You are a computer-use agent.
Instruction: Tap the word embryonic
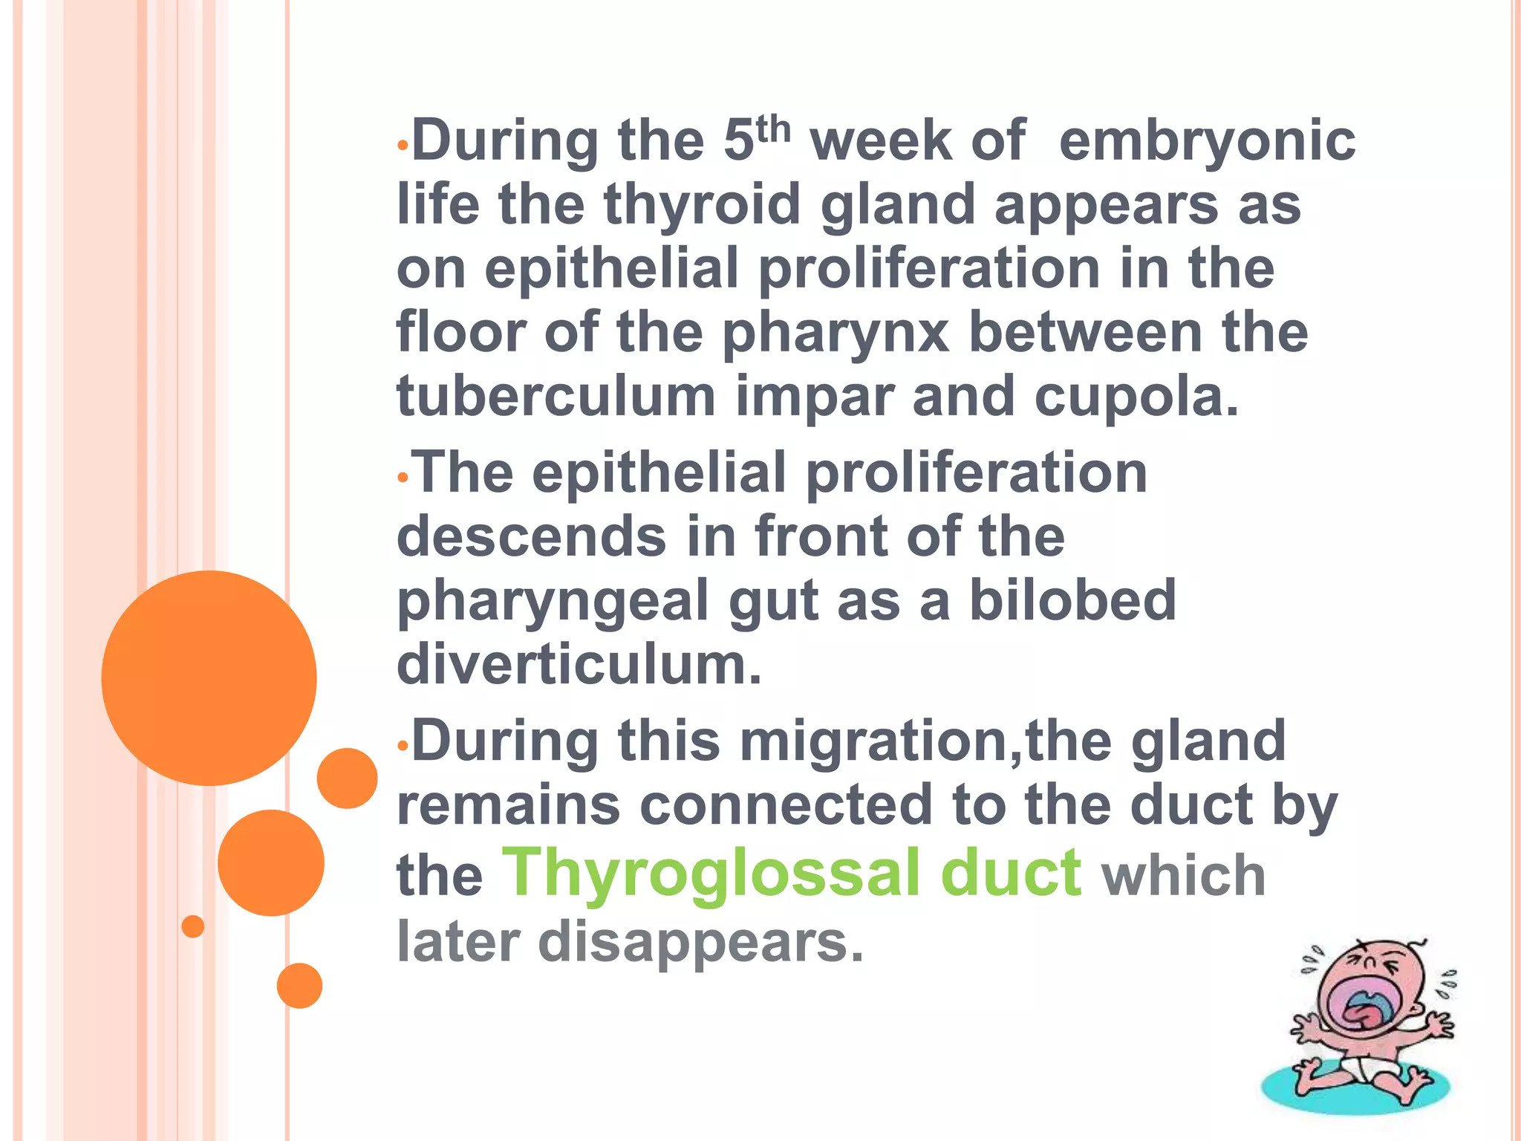coord(1207,141)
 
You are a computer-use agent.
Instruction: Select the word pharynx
coord(836,334)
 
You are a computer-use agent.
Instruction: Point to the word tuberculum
coord(556,397)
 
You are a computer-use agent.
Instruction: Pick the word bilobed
coord(1072,599)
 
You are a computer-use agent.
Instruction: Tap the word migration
coord(879,741)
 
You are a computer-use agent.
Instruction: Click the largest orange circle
coord(209,677)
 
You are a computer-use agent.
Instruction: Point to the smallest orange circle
coord(192,926)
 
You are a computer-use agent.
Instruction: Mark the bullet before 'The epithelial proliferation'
coord(403,478)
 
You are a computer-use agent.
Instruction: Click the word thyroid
coord(702,205)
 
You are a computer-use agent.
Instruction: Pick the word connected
coord(786,805)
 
